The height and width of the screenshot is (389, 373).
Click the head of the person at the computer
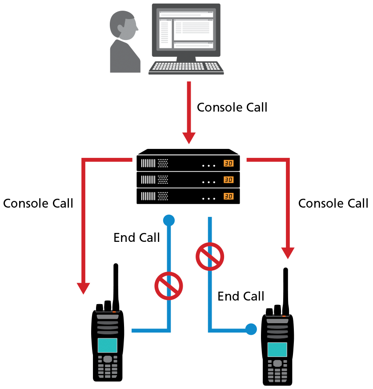point(123,25)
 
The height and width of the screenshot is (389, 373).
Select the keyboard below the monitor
point(186,66)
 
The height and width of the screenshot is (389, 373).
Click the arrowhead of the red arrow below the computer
point(189,138)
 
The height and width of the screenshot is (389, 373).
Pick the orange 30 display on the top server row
point(229,163)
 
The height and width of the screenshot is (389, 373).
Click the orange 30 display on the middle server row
point(229,180)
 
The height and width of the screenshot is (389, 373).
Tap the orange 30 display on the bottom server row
point(229,196)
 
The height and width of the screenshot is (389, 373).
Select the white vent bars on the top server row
point(148,163)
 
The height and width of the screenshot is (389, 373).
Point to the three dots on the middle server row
point(209,182)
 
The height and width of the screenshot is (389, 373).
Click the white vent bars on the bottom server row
point(148,196)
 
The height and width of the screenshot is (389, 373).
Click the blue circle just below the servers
point(169,220)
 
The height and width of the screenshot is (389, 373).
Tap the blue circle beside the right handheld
point(251,329)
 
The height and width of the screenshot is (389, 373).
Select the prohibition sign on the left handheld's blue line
point(169,286)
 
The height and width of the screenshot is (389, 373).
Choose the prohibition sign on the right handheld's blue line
point(210,257)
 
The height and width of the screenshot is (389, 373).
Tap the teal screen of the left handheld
point(108,345)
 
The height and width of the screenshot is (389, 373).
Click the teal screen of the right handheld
point(277,349)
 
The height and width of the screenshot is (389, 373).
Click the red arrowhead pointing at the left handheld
point(84,288)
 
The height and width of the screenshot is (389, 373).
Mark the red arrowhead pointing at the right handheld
point(288,253)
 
